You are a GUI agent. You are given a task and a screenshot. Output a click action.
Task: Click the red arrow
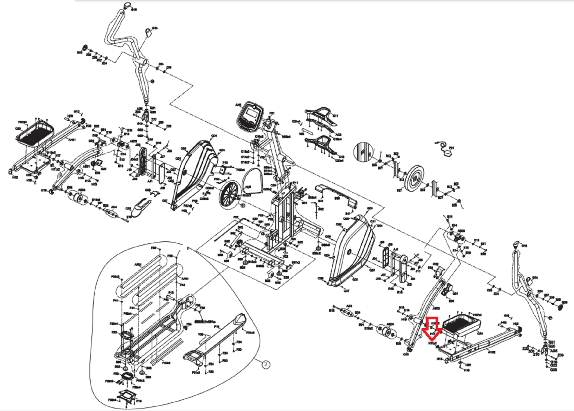432,328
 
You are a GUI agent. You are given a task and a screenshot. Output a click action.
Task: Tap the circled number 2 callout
266,364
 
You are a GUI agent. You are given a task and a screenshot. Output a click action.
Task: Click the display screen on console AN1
251,114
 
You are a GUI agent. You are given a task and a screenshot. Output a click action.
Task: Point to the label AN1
238,105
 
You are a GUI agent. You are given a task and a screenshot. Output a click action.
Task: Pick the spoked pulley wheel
229,194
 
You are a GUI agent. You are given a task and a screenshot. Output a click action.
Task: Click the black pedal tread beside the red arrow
460,325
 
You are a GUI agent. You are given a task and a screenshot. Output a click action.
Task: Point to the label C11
335,116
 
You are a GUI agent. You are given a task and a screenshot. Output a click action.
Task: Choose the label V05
302,134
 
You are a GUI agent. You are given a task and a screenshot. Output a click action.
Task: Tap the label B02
321,209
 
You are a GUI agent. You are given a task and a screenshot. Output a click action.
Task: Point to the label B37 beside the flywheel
399,191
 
